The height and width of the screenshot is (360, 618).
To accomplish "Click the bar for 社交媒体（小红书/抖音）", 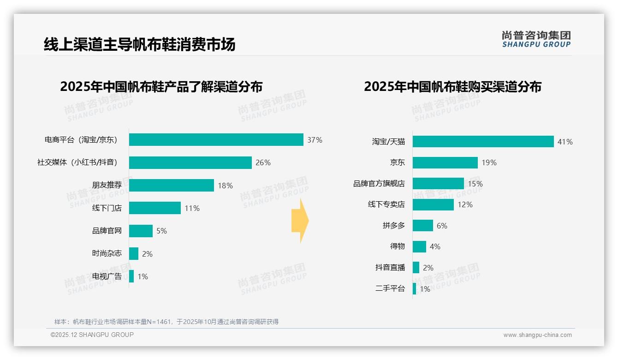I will coord(190,162).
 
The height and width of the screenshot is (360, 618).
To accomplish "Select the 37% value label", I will coord(315,140).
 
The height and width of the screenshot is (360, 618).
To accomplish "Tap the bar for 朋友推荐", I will coord(171,185).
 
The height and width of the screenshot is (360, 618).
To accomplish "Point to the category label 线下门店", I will coord(107,208).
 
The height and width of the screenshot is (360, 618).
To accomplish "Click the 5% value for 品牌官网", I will coord(161,231).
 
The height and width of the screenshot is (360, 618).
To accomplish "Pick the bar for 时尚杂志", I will coord(133,253).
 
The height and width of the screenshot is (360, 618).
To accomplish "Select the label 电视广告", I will coord(107,276).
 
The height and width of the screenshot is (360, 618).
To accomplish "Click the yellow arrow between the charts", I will coord(300,221).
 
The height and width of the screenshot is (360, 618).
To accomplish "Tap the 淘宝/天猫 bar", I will coord(483,142).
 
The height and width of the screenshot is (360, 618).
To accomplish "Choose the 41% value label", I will coord(565,142).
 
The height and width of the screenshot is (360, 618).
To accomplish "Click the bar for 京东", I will coord(445,162).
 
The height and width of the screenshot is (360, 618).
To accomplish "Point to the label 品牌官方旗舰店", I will coord(379,184).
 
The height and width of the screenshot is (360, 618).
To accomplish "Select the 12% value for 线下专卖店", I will coord(465,204).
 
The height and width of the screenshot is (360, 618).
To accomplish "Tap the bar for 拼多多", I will coord(422,225).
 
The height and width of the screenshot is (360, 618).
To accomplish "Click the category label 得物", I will coord(397,246).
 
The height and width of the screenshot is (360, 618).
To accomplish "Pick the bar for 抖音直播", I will coord(416,268).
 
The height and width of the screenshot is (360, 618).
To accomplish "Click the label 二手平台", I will coord(390,288).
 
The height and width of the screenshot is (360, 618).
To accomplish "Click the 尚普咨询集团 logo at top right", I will coord(536,39).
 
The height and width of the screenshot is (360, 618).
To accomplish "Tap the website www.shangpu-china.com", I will coord(537,335).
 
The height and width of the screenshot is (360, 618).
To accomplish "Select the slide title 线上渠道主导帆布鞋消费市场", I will coord(139,44).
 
